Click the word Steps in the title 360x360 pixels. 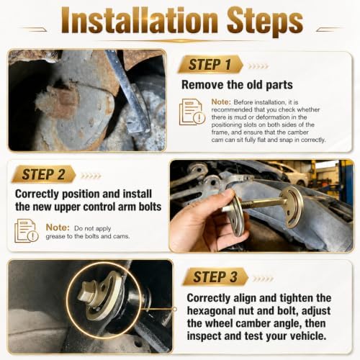click(265, 22)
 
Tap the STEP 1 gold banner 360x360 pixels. click(210, 64)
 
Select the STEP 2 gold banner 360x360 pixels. click(44, 174)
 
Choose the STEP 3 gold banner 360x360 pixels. click(215, 276)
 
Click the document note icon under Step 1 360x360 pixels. click(192, 112)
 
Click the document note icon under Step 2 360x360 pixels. click(27, 230)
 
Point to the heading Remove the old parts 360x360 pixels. click(237, 85)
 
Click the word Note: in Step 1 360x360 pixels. click(221, 102)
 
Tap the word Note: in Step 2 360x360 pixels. click(58, 228)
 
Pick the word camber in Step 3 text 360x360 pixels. click(252, 323)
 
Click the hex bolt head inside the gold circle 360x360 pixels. click(88, 293)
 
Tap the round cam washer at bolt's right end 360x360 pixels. click(292, 207)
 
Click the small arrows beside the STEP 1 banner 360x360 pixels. click(258, 66)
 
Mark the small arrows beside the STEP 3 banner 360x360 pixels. click(263, 279)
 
